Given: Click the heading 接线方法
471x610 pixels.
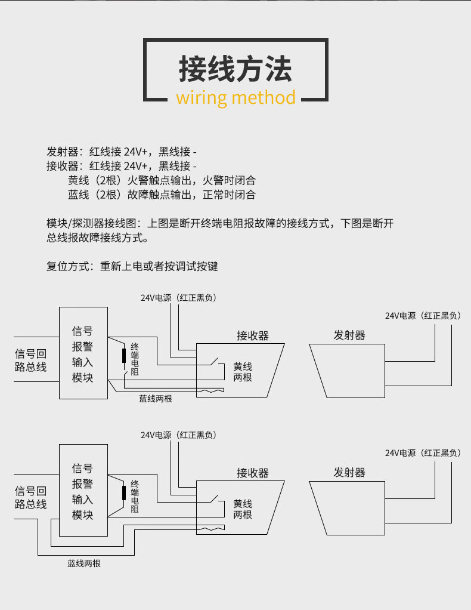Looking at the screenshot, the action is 235,69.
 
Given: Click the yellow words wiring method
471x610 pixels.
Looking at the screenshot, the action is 236,97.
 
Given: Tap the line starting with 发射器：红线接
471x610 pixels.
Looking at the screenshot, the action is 122,151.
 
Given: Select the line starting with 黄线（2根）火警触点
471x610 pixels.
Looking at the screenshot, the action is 162,180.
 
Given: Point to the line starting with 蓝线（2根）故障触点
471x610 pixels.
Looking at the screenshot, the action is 162,195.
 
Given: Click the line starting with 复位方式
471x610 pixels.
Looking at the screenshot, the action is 132,266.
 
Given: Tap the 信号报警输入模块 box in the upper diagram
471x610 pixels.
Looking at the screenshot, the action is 83,353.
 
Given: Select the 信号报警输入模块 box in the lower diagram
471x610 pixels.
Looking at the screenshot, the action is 83,491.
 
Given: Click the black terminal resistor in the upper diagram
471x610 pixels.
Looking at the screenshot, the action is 124,356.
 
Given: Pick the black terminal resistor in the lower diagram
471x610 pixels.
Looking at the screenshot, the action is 124,493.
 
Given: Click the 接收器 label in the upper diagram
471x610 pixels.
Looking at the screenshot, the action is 253,335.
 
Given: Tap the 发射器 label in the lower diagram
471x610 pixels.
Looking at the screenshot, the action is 349,473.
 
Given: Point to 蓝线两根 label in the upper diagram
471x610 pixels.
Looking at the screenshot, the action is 156,398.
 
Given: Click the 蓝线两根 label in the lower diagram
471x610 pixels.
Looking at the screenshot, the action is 84,563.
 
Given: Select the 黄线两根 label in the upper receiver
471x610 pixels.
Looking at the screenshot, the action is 243,372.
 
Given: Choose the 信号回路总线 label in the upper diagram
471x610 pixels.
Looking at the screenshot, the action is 30,361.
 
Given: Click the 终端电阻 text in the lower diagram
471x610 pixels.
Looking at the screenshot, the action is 135,496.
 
